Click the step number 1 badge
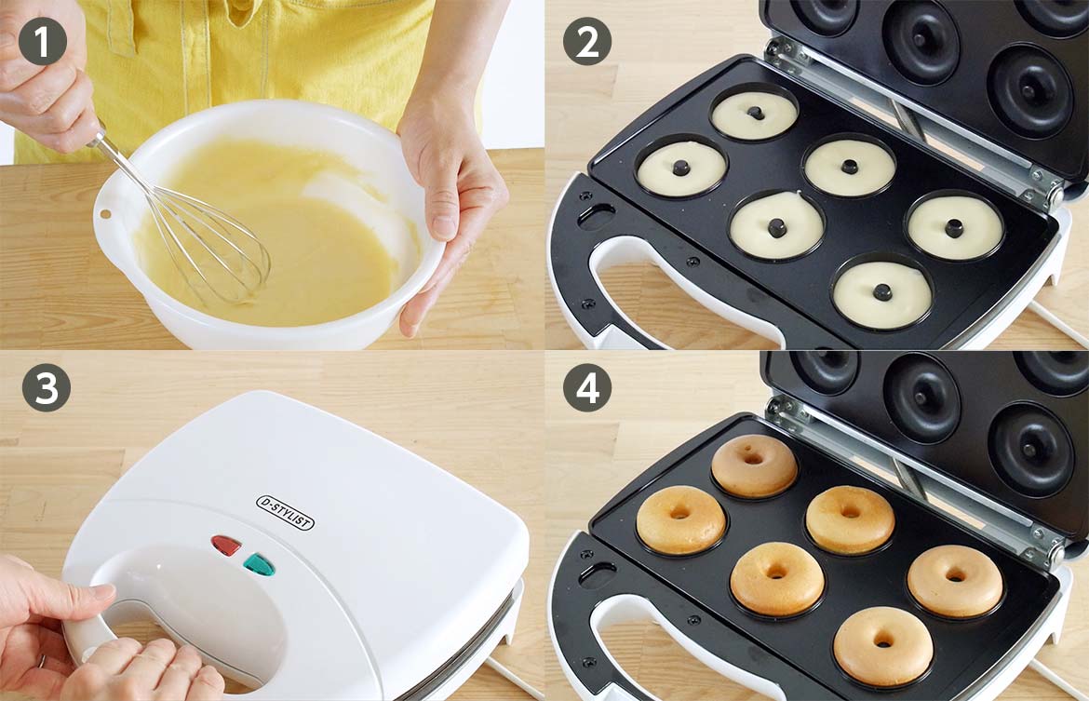43,41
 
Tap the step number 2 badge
587,41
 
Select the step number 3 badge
47,387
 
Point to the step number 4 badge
587,387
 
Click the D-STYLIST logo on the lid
286,513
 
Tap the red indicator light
226,546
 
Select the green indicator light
259,564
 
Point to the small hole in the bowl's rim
105,213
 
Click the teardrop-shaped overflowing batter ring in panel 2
776,225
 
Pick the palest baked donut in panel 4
754,465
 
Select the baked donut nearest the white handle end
680,519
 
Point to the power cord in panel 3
513,678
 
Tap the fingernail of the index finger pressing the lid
101,591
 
